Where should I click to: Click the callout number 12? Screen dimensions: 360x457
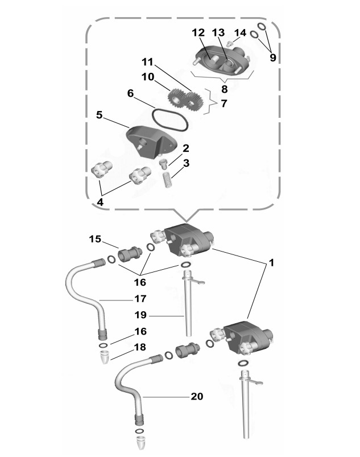coord(198,32)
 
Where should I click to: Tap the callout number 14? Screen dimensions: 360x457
coord(241,32)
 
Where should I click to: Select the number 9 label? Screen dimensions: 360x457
coord(273,57)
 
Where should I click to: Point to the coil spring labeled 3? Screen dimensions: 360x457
coord(167,180)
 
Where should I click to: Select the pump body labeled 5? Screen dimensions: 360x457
coord(151,141)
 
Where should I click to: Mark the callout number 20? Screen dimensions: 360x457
coord(197,396)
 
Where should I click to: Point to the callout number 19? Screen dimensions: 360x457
coord(140,315)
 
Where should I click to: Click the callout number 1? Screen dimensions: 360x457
coord(271,263)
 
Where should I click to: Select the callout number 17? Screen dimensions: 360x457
coord(140,299)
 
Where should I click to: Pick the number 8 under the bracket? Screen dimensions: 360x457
coord(224,89)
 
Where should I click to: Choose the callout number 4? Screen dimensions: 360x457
coord(100,202)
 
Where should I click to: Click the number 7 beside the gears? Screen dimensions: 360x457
coord(224,104)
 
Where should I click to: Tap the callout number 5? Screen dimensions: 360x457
coord(100,115)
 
